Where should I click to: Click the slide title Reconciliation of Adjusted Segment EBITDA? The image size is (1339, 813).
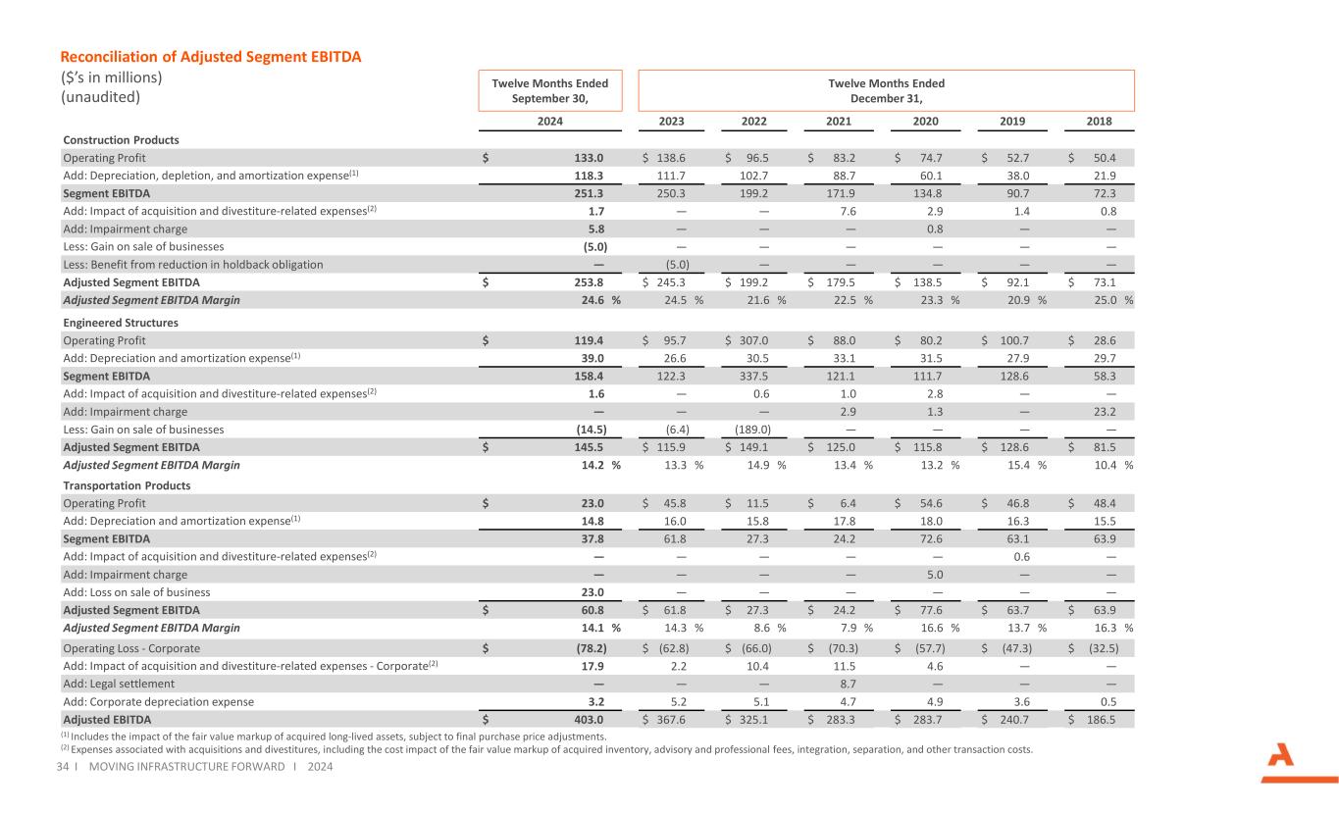click(212, 57)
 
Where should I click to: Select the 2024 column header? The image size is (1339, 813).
click(549, 122)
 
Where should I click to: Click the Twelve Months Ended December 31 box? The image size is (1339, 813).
click(886, 90)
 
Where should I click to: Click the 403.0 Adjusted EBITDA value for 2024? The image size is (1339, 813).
click(588, 719)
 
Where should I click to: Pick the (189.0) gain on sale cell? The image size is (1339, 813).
click(751, 430)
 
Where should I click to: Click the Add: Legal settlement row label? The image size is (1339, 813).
click(119, 684)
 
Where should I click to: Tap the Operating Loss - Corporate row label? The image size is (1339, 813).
click(131, 648)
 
